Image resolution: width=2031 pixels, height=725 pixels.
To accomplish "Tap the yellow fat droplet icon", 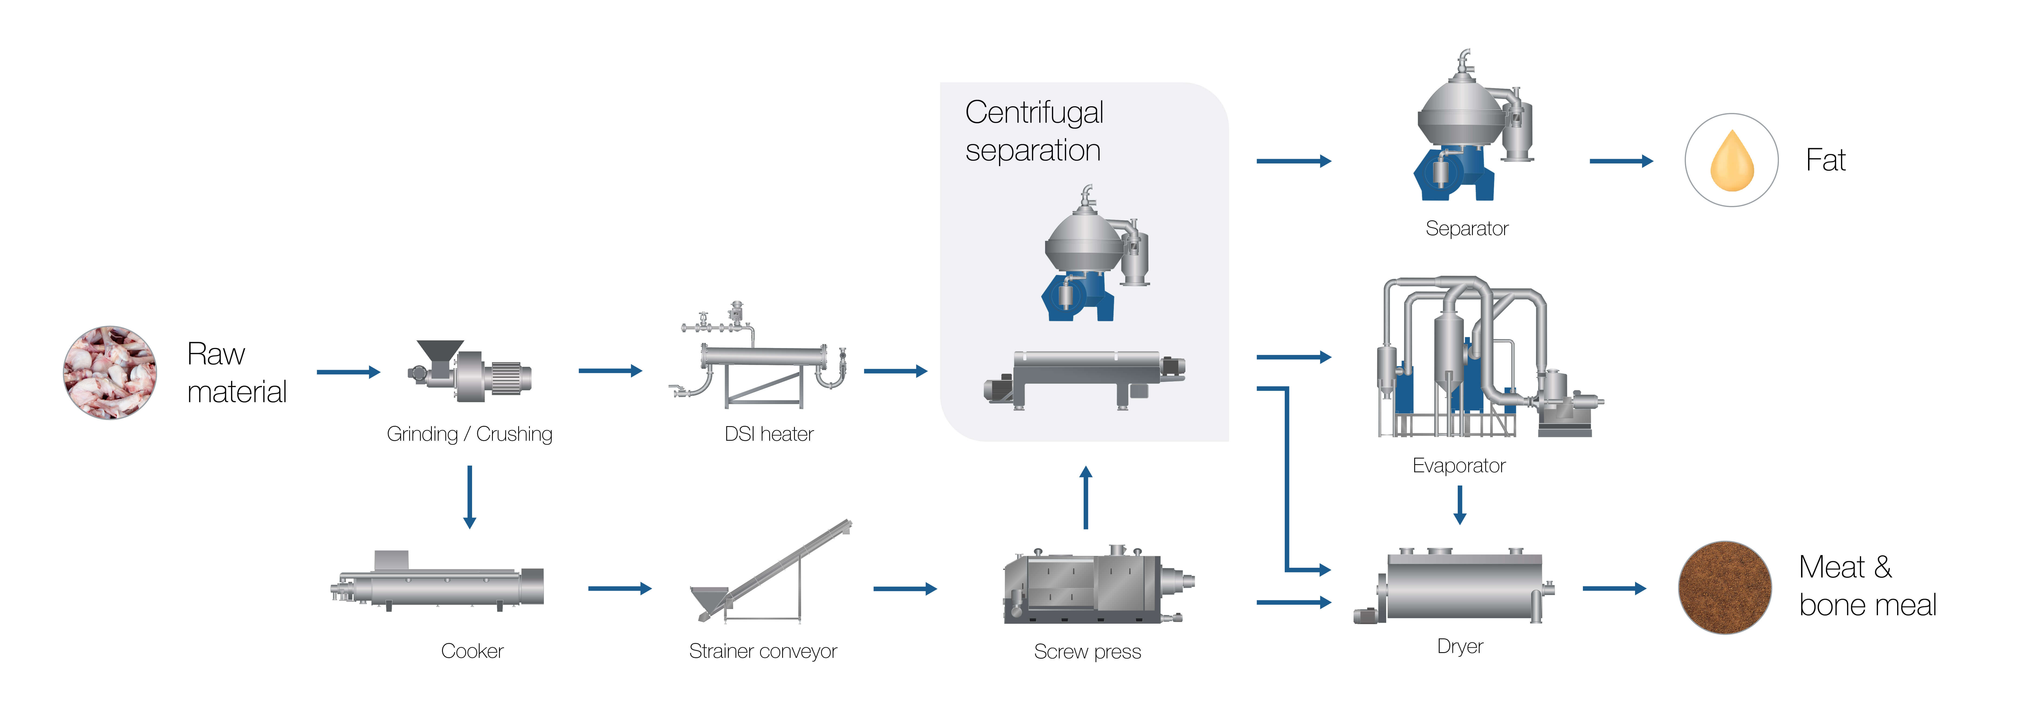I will coord(1731,161).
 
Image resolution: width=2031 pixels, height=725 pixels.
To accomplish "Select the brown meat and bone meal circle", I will coord(1724,587).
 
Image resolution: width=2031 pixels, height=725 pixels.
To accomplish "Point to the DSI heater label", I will coord(769,434).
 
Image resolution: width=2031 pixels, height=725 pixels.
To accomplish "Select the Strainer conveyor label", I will coord(762,651).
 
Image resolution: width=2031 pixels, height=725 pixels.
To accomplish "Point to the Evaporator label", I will coord(1459,466).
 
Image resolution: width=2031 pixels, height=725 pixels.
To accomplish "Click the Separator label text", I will coord(1466,228).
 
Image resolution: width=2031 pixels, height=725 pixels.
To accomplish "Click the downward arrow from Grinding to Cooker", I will coord(470,497).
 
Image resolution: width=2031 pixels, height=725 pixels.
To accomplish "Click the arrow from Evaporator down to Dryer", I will coord(1459,504).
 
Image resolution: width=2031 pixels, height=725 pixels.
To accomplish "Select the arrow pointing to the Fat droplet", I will coord(1620,161).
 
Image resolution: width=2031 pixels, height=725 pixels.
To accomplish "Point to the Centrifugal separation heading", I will coord(1034,131).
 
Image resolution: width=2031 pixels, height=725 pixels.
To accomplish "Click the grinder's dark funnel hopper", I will coord(439,351).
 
